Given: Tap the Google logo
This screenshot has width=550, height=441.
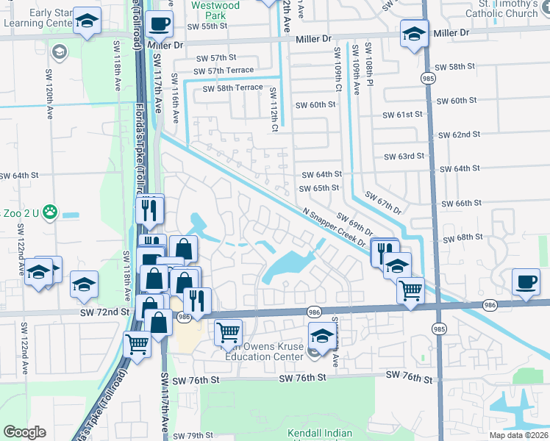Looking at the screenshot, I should point(24,431).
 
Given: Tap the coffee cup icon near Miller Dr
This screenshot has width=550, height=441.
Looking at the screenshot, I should point(159,24).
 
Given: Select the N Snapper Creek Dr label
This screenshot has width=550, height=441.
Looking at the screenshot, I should point(335,229).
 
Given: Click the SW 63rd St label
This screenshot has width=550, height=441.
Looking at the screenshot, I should point(404,157).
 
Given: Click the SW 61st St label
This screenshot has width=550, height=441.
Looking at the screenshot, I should point(402,115).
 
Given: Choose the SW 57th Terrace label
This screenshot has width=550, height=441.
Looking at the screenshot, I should point(220,71).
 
